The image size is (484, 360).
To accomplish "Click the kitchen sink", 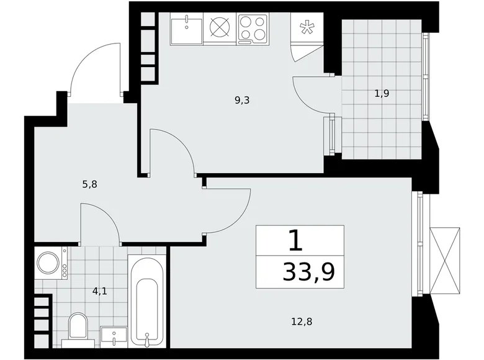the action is (186, 29).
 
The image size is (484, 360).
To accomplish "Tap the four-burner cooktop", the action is (253, 29).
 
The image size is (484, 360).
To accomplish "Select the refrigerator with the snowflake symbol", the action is (307, 28).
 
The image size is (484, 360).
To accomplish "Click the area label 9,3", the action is (242, 101).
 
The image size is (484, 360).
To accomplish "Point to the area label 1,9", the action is (382, 93).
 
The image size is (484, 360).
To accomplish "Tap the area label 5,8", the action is (90, 184).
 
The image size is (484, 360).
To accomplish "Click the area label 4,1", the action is (100, 291).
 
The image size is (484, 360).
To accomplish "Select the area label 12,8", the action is (302, 322).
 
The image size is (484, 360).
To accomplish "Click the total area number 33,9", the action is (308, 272).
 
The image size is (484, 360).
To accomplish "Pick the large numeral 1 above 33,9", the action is (295, 240).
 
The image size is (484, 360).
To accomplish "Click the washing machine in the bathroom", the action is (51, 263).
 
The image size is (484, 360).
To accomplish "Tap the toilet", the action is (78, 330).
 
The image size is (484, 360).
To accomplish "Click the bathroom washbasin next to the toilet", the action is (114, 338).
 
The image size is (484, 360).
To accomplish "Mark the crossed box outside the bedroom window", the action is (444, 260).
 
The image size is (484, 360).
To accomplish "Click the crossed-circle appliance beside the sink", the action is (220, 26).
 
